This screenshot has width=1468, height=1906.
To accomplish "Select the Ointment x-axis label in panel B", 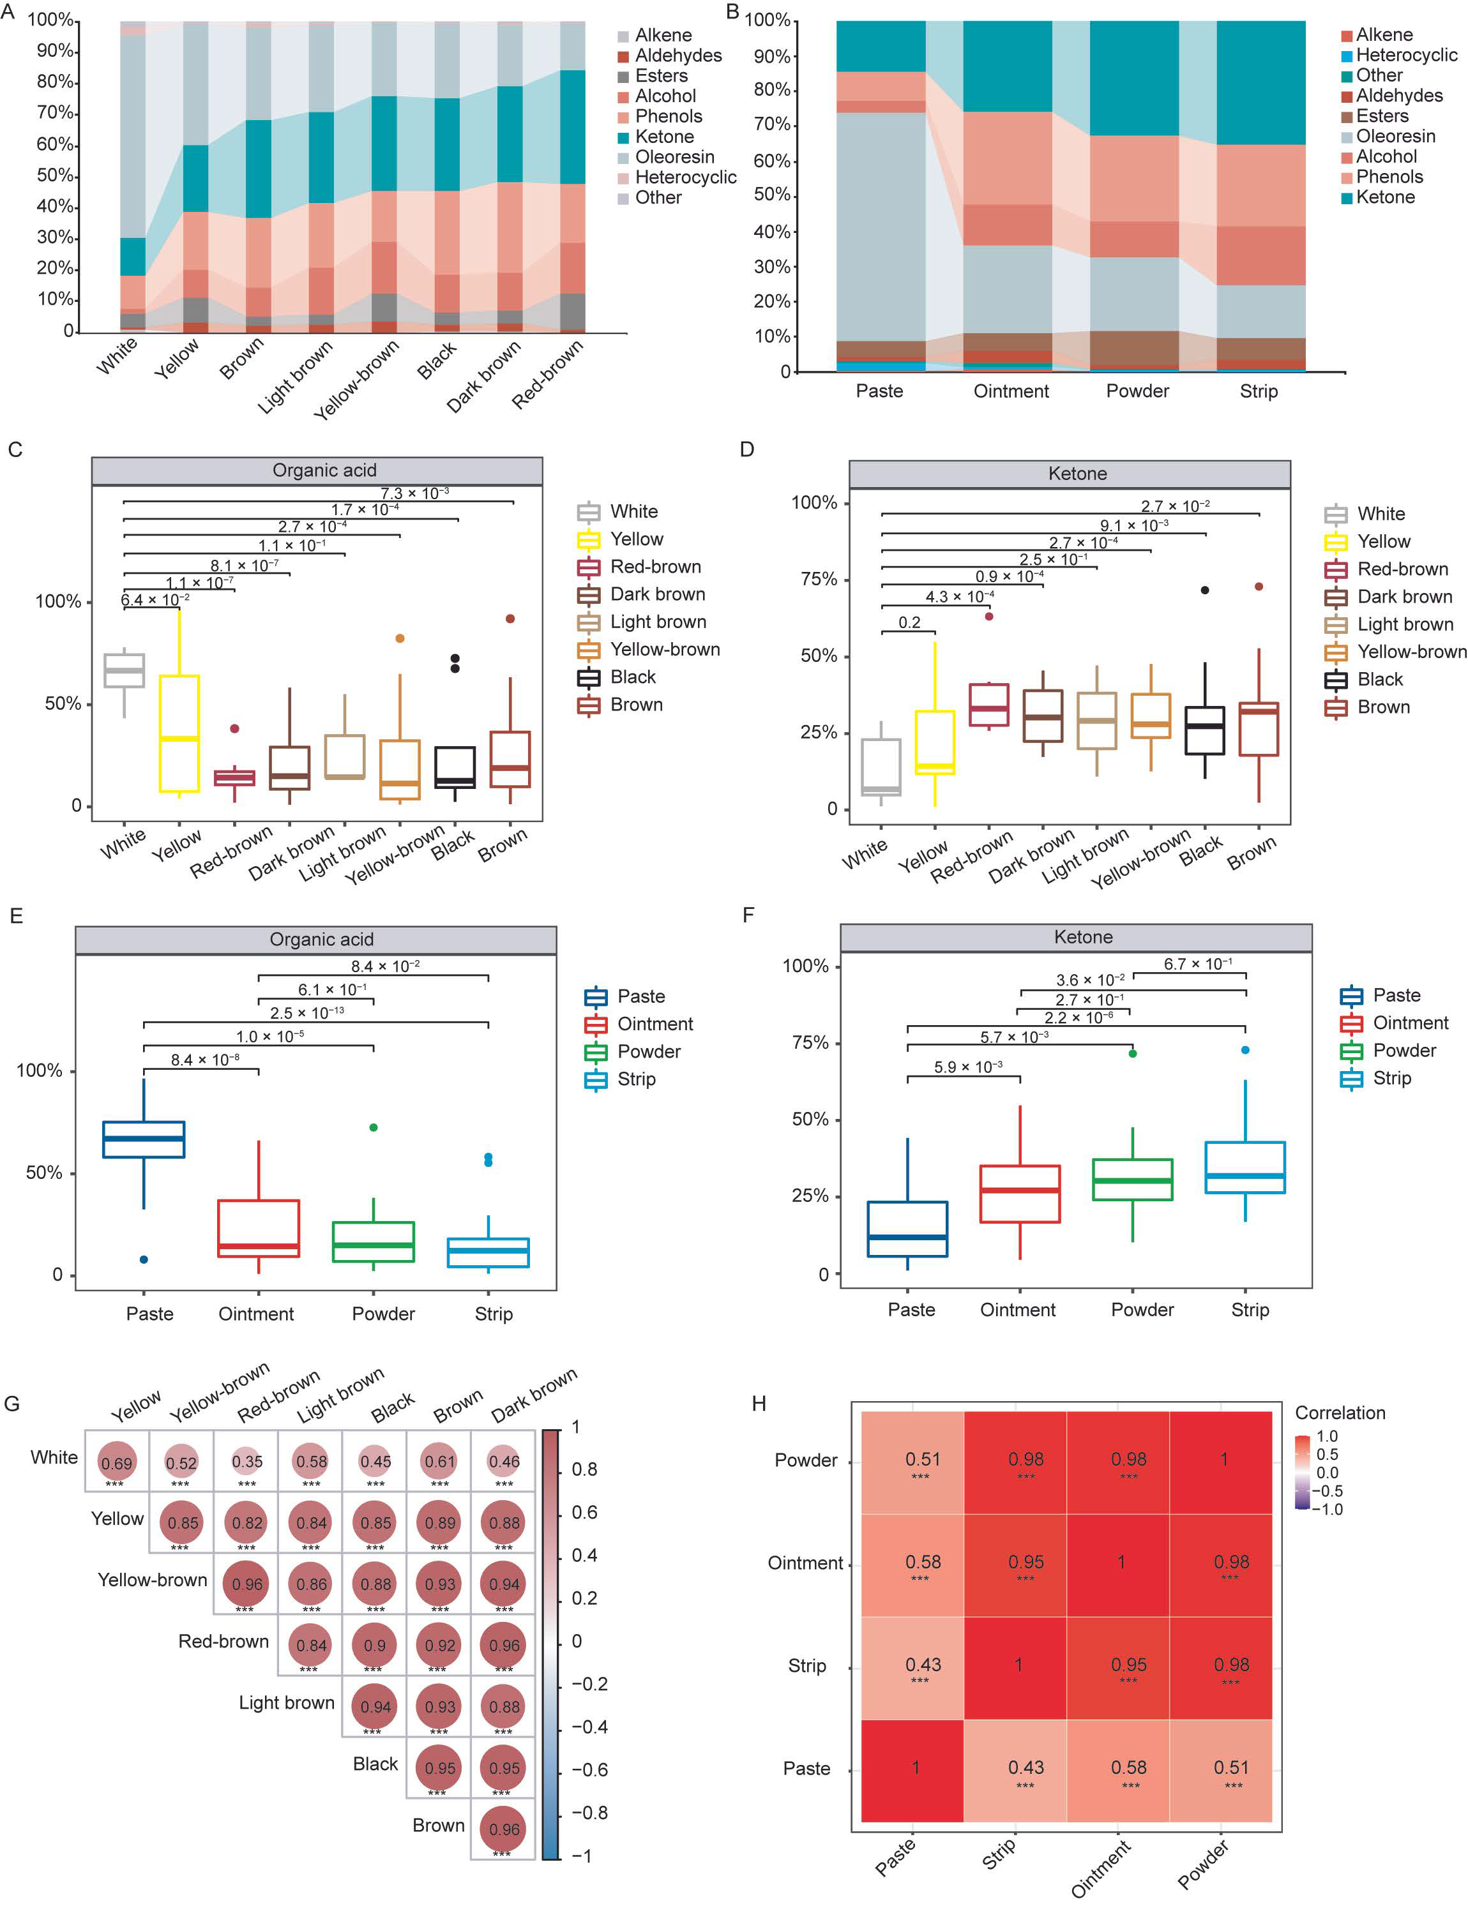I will click(x=1011, y=391).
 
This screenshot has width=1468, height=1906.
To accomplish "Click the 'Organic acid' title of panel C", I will click(x=324, y=470).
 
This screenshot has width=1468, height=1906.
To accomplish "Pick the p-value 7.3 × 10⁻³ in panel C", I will click(x=414, y=493).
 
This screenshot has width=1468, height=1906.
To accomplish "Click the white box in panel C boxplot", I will click(x=124, y=670).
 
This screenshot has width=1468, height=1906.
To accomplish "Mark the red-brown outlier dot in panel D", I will click(x=989, y=616).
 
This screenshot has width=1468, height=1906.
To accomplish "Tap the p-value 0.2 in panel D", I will click(x=909, y=622).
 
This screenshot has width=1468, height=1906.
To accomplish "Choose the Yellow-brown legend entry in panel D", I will click(x=1411, y=652).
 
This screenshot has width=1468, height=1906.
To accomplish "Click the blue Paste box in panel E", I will click(x=143, y=1139).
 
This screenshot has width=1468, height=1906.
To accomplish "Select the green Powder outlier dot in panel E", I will click(x=374, y=1127).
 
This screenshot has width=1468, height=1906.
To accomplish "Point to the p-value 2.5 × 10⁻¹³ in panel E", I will click(x=306, y=1013).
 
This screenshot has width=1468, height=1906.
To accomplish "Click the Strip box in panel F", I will click(x=1245, y=1167).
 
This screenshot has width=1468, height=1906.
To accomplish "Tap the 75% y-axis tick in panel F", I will click(x=809, y=1043).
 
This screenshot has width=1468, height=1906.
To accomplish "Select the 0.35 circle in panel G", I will click(x=247, y=1461).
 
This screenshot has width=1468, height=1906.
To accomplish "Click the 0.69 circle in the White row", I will click(x=116, y=1462).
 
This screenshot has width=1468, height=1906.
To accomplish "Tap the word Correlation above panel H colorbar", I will click(x=1339, y=1413).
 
